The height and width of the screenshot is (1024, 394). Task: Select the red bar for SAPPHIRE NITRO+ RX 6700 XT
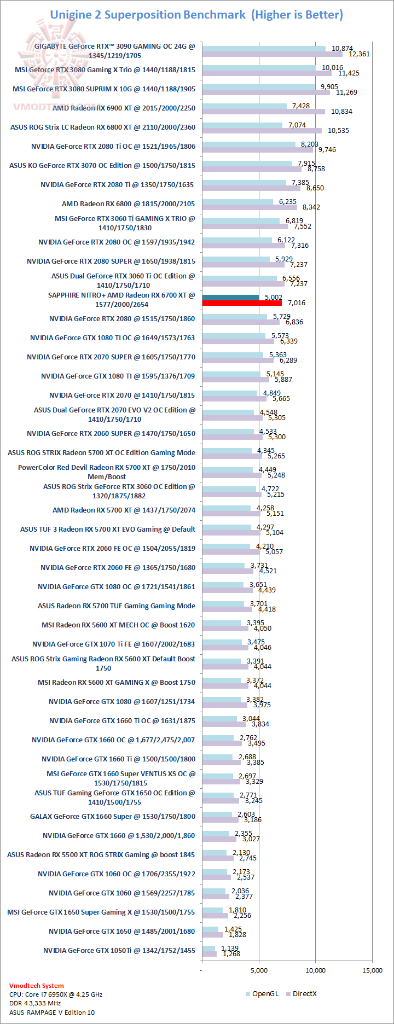click(x=242, y=303)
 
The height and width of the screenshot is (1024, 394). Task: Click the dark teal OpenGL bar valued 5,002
click(x=230, y=298)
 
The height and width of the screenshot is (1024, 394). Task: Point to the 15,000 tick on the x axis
click(x=373, y=970)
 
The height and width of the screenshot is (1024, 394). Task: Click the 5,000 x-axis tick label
click(x=259, y=970)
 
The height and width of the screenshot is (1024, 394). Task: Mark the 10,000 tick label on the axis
click(x=315, y=970)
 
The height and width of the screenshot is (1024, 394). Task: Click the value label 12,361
click(x=359, y=54)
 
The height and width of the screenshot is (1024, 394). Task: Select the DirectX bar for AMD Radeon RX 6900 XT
click(x=263, y=112)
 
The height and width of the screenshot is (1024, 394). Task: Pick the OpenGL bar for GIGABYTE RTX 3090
click(x=264, y=49)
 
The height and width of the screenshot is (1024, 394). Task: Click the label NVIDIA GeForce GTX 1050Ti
click(x=119, y=950)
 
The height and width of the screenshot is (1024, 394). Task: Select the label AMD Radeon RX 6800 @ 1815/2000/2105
click(x=128, y=203)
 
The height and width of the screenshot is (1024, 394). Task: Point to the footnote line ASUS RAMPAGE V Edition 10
click(x=51, y=1012)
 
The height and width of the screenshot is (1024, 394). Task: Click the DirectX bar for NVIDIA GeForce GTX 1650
click(x=212, y=935)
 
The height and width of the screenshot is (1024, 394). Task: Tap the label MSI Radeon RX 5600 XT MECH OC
click(x=118, y=625)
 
